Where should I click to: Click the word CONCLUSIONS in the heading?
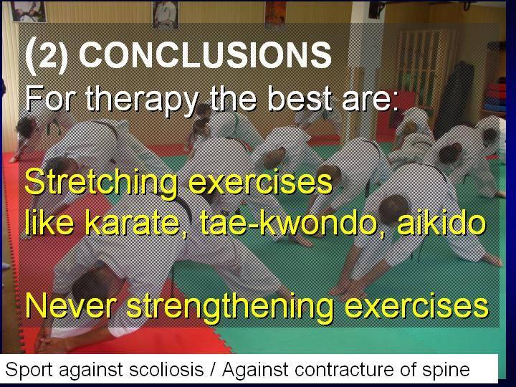pyautogui.click(x=205, y=55)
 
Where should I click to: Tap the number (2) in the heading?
pyautogui.click(x=46, y=55)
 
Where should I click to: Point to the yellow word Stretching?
pyautogui.click(x=101, y=183)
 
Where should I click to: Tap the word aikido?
pyautogui.click(x=441, y=221)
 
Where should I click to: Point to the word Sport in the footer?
pyautogui.click(x=29, y=370)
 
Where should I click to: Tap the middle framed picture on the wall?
pyautogui.click(x=166, y=14)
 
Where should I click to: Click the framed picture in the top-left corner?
pyautogui.click(x=28, y=11)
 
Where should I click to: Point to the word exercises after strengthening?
pyautogui.click(x=416, y=307)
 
